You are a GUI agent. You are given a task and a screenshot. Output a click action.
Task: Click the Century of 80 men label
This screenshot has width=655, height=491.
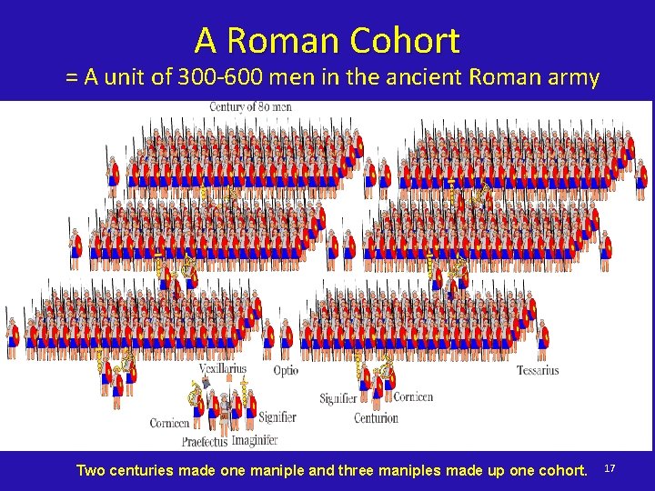click(x=250, y=107)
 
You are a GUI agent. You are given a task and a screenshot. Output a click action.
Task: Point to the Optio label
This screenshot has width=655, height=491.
click(x=286, y=371)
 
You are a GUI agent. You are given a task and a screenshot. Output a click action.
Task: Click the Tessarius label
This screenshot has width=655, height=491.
click(x=538, y=371)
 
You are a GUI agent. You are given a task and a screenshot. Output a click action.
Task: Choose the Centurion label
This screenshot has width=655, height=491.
click(x=376, y=418)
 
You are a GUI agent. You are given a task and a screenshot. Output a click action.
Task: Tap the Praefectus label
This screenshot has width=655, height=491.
click(x=205, y=442)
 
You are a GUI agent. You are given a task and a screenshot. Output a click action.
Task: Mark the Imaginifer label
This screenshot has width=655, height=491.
click(x=255, y=441)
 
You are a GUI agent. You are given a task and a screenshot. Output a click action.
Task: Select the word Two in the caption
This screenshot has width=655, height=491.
click(x=90, y=470)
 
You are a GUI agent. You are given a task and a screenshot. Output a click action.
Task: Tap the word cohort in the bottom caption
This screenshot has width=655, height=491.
click(x=563, y=470)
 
